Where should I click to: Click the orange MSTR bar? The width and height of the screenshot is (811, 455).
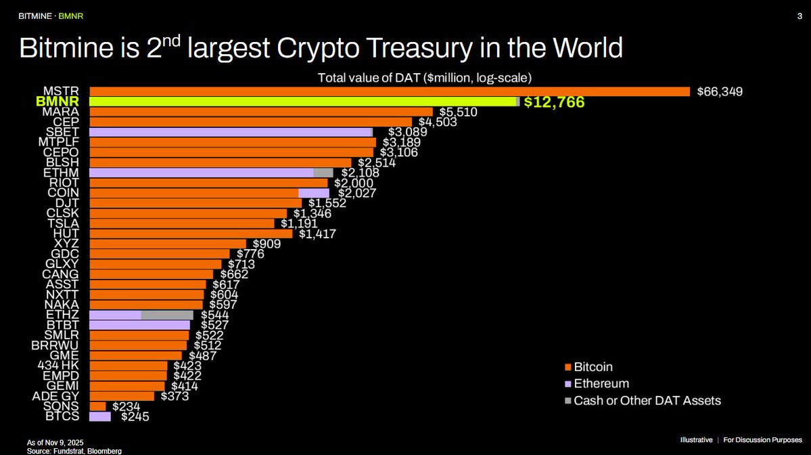click(389, 91)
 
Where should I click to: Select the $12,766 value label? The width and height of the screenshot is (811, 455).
click(554, 102)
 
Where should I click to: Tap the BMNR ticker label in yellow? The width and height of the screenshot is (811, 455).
click(61, 102)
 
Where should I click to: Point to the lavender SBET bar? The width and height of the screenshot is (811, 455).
click(231, 132)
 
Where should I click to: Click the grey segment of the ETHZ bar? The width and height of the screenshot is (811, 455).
click(167, 315)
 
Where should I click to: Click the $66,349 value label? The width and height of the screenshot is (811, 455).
click(720, 91)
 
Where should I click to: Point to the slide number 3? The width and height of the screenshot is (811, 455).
click(800, 16)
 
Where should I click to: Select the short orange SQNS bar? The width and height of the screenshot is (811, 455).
click(97, 406)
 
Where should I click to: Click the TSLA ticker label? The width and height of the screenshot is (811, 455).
click(64, 223)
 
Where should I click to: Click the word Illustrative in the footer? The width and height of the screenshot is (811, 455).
click(696, 440)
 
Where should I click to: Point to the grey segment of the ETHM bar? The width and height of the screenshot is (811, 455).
click(323, 173)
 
